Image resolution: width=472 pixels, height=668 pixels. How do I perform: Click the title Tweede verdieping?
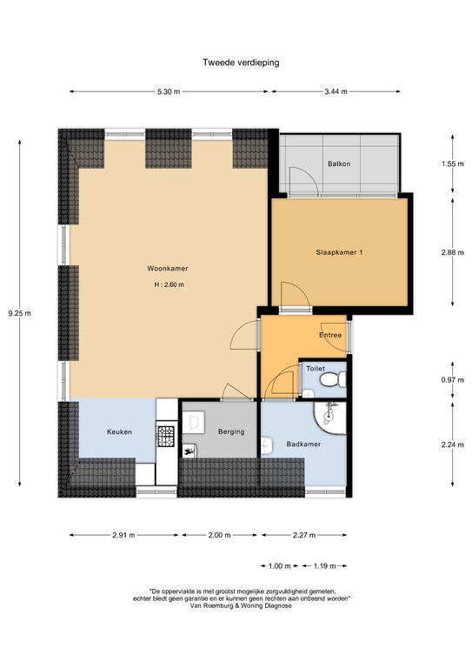click(241, 63)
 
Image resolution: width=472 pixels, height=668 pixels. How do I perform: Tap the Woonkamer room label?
click(168, 269)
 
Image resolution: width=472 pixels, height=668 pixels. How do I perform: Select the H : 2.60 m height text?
click(170, 284)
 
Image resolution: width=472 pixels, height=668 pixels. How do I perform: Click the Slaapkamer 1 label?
click(339, 252)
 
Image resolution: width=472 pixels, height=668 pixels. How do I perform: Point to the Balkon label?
click(339, 164)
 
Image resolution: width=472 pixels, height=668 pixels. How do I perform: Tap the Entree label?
click(330, 335)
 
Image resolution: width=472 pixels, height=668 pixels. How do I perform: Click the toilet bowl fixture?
click(333, 379)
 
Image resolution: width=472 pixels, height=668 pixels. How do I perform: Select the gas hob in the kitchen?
click(166, 437)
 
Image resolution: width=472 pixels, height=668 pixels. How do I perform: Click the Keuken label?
click(119, 432)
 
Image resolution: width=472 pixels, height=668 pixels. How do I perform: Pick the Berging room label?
click(231, 431)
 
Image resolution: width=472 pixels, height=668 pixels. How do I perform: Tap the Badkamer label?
click(303, 444)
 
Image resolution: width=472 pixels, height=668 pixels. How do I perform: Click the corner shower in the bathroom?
click(330, 418)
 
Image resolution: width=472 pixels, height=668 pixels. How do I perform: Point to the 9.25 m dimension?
click(20, 313)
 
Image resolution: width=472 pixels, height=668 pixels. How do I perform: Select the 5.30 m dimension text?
click(169, 91)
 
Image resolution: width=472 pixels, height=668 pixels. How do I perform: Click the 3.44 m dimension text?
click(336, 91)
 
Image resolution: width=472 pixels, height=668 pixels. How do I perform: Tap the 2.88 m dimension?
click(452, 252)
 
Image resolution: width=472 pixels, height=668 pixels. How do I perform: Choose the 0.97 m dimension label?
click(452, 380)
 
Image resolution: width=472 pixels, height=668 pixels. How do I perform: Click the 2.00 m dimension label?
click(220, 535)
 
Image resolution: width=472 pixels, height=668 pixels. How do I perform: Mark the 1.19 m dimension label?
click(325, 566)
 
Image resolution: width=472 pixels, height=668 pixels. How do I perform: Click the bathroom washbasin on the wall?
click(267, 445)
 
